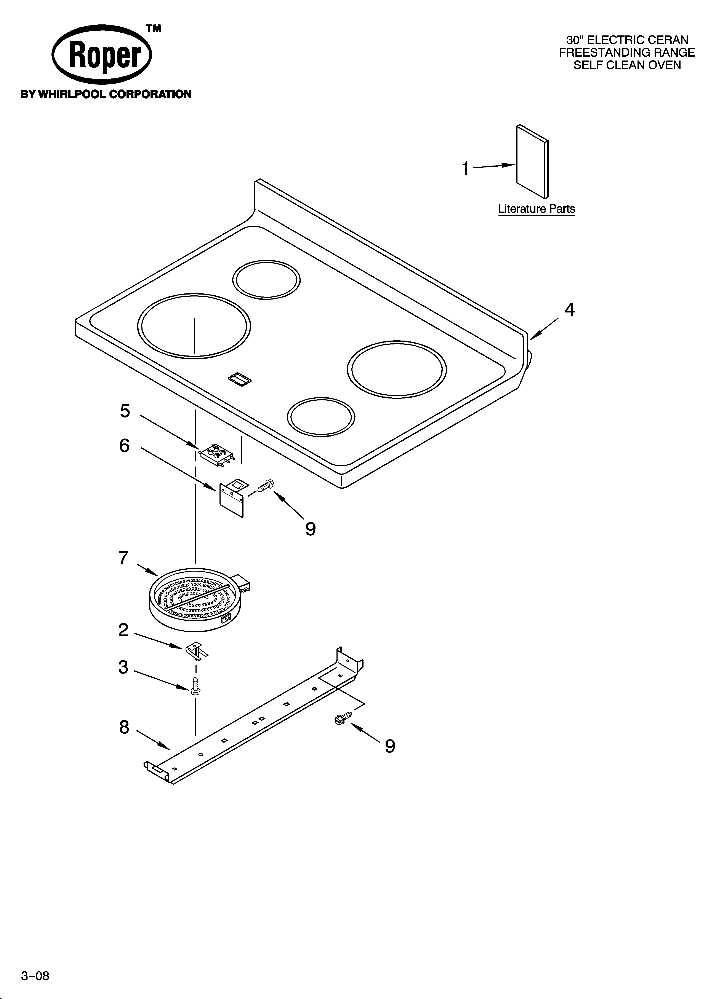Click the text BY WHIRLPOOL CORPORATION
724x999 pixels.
[x=106, y=94]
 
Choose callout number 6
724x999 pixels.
[x=124, y=446]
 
